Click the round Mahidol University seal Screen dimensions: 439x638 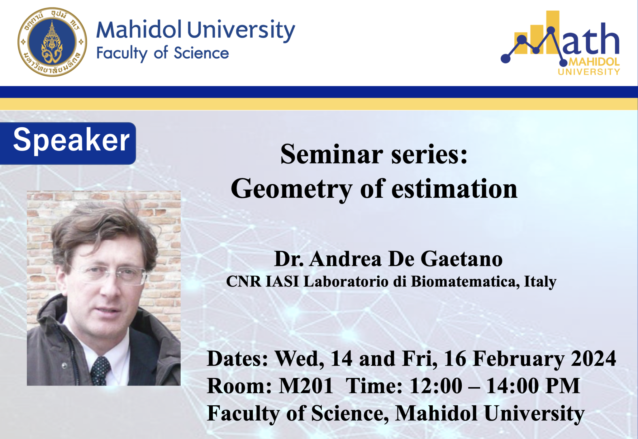52,42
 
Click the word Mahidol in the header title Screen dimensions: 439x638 139,30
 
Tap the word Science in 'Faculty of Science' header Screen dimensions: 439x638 201,53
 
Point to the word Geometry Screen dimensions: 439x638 291,189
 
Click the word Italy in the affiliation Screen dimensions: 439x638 540,282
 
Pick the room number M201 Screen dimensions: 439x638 306,386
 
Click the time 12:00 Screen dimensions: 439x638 436,386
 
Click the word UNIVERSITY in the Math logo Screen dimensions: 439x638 589,72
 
